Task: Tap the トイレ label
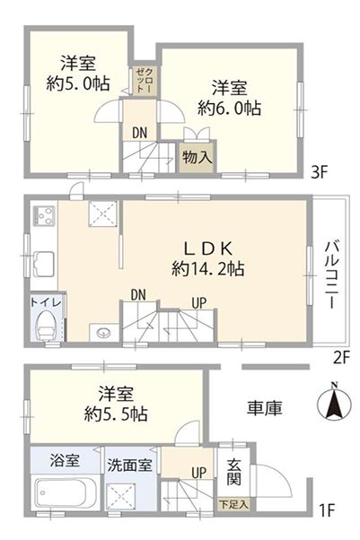click(46, 303)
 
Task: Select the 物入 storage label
click(197, 156)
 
